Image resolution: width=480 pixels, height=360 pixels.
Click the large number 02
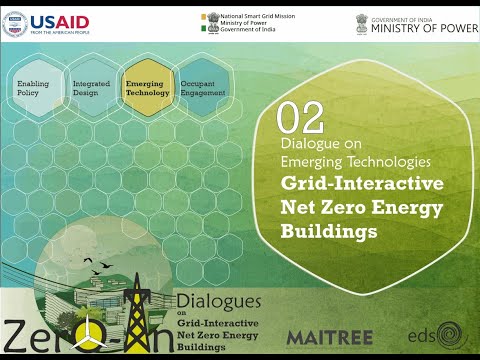tap(300, 118)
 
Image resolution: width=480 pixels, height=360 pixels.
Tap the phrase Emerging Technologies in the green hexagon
tap(356, 160)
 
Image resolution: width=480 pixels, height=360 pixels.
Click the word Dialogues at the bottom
tap(218, 300)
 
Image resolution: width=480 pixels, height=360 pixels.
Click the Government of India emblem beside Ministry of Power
tap(361, 23)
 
